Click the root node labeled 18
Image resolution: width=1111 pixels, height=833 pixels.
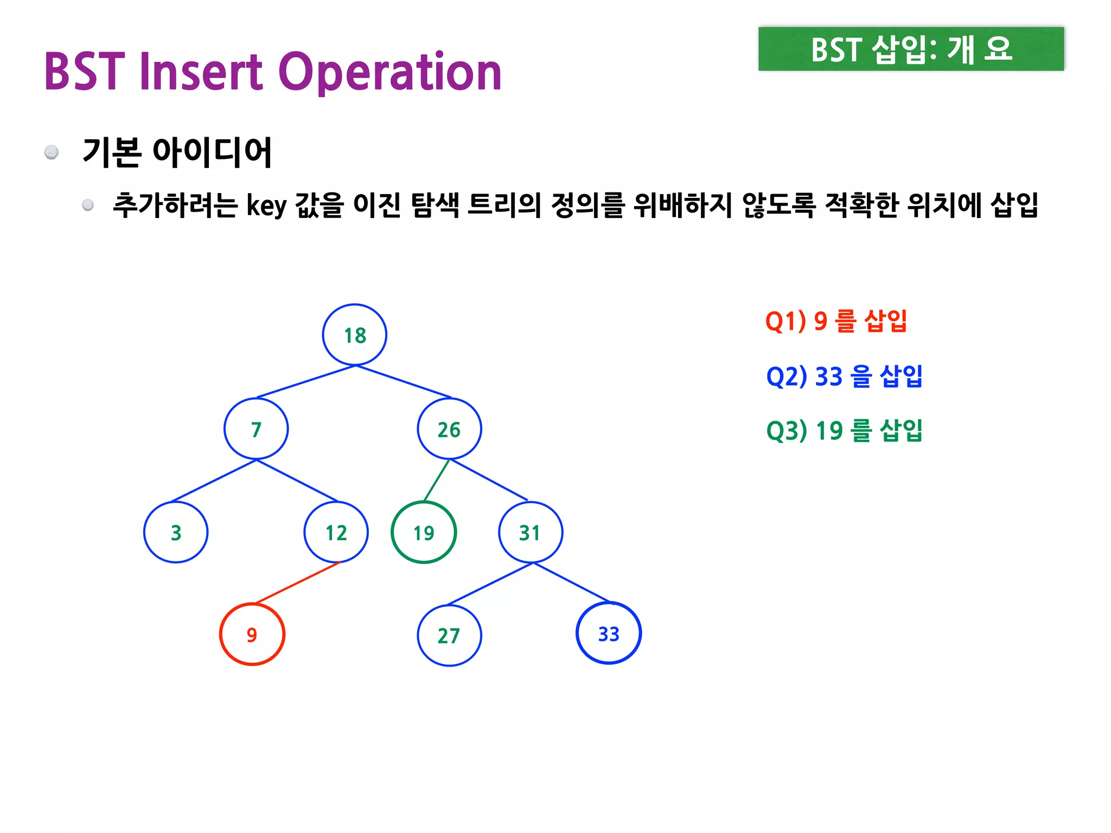pos(355,335)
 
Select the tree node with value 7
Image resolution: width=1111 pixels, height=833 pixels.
pos(256,429)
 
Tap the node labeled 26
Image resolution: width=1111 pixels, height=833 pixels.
pos(449,429)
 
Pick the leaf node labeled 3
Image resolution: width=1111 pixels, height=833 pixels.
pos(176,532)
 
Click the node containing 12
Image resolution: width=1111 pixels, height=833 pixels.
pos(336,532)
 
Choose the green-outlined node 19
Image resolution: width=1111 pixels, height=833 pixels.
pos(424,533)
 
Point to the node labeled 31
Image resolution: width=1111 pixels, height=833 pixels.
pos(530,532)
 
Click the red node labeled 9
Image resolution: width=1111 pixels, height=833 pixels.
pos(252,634)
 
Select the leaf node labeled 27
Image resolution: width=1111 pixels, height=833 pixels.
pos(449,635)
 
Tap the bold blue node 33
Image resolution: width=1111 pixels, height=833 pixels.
pos(609,633)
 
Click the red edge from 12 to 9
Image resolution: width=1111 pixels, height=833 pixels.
pos(297,583)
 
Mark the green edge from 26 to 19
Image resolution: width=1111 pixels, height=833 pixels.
pos(437,480)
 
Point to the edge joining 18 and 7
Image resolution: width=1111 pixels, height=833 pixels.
pos(306,382)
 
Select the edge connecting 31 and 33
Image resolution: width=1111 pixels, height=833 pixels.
pos(572,583)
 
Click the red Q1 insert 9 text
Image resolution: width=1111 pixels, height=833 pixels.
pos(836,321)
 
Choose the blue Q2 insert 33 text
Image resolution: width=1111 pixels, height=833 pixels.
pos(844,376)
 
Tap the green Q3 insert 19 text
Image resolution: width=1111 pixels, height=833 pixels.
pos(844,431)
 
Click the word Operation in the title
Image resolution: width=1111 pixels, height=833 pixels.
pos(390,72)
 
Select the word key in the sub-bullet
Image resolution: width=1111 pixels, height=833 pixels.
pos(266,206)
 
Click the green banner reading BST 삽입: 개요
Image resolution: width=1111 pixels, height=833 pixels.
pos(911,49)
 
